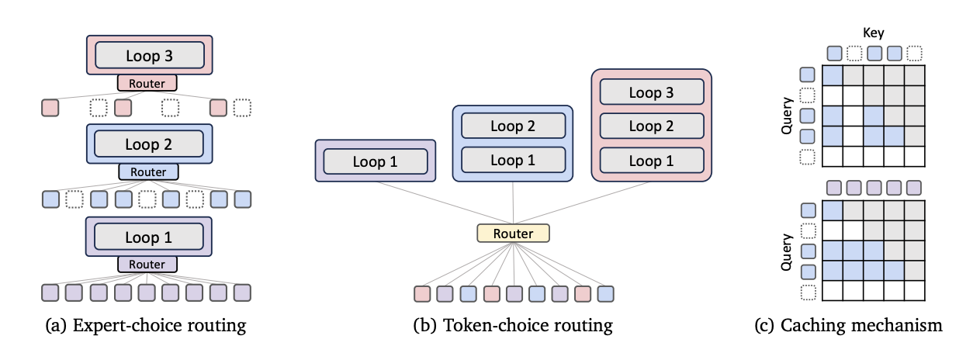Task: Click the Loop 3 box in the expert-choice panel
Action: click(149, 55)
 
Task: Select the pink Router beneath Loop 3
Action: click(147, 82)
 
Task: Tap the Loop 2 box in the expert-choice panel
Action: click(148, 144)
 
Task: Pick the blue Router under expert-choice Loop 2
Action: click(147, 171)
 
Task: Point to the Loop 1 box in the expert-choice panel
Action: click(148, 237)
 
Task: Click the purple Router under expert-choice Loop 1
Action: click(147, 265)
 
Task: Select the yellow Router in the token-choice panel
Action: click(513, 234)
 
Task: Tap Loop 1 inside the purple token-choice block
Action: click(376, 161)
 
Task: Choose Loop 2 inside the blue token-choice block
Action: click(513, 126)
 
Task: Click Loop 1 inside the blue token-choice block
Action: click(513, 161)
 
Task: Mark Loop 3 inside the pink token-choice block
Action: click(651, 92)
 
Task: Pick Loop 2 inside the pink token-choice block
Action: click(651, 126)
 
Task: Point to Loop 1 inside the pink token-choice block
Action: click(651, 161)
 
